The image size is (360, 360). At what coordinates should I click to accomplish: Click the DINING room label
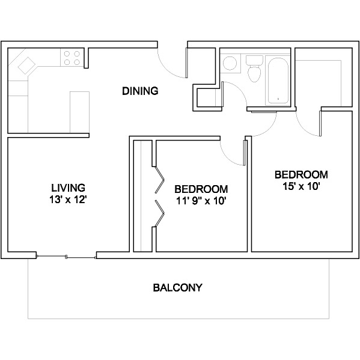[x=140, y=91]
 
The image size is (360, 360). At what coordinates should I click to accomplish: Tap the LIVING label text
[x=68, y=188]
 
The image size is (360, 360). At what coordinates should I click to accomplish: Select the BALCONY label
[x=178, y=288]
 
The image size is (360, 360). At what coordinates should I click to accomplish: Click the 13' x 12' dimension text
[x=68, y=200]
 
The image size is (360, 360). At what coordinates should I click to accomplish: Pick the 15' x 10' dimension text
[x=301, y=186]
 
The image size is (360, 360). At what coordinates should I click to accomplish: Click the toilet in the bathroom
[x=254, y=69]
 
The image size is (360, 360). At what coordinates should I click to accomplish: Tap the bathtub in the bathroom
[x=278, y=81]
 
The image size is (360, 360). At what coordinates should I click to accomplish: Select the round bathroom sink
[x=230, y=63]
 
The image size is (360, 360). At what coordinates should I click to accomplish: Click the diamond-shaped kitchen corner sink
[x=26, y=66]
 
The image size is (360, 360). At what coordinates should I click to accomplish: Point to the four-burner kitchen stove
[x=72, y=58]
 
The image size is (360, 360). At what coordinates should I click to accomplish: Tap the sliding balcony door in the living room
[x=66, y=257]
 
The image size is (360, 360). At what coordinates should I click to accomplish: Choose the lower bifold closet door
[x=160, y=213]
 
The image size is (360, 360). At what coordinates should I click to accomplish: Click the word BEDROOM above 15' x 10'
[x=301, y=175]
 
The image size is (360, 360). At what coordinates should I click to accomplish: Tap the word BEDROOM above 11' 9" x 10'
[x=201, y=189]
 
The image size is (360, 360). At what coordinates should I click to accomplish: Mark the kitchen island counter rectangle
[x=79, y=112]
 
